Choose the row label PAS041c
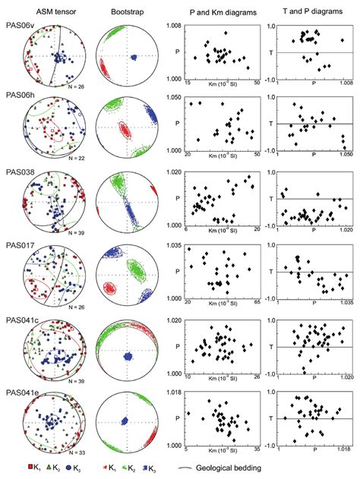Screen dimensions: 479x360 click(x=21, y=320)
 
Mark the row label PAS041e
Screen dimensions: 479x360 click(x=21, y=392)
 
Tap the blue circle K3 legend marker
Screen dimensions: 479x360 click(x=73, y=471)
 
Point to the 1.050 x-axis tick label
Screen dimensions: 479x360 click(x=344, y=155)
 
